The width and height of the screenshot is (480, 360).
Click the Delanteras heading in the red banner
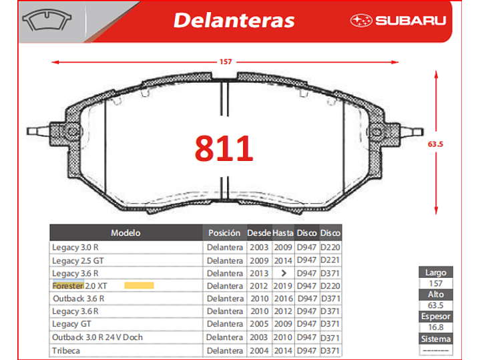234,21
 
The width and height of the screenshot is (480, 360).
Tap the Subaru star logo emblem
361,21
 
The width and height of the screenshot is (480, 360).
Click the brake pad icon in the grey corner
47,19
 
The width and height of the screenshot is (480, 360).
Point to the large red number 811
224,148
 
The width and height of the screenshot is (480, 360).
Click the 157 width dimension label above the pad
226,62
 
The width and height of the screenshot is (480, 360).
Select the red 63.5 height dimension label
435,144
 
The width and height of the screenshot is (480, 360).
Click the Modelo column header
126,233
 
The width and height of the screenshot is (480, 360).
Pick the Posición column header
224,233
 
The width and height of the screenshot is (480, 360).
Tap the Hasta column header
283,233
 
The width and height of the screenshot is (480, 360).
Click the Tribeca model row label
66,351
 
